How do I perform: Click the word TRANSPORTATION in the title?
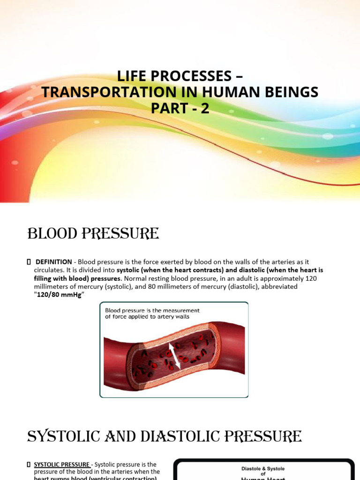(x=97, y=92)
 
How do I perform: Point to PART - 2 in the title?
(x=180, y=109)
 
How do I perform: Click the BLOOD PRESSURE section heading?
(x=93, y=233)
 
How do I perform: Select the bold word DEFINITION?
(x=54, y=262)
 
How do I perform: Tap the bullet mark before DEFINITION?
(x=29, y=262)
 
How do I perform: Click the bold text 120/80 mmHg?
(x=61, y=294)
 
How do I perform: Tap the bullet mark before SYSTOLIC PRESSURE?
(x=29, y=464)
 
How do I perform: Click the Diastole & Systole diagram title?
(x=263, y=468)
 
